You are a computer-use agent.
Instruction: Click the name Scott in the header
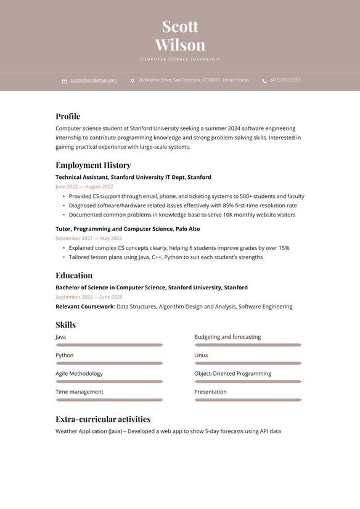coord(180,27)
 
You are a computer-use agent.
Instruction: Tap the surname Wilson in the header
coord(180,45)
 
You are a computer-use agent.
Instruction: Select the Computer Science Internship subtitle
coord(180,59)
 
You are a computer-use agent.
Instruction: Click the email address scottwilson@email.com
coord(93,80)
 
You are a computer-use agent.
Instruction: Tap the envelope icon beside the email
coord(64,81)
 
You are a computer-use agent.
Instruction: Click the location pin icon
coord(133,81)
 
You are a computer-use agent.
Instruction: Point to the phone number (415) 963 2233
coord(285,80)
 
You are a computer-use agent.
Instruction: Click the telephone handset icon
coord(264,81)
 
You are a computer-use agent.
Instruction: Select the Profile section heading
coord(68,117)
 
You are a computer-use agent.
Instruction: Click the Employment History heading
coord(93,165)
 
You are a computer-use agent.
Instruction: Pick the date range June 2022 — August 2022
coord(84,186)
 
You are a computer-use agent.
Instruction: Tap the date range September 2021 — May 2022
coord(89,238)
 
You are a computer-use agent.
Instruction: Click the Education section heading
coord(74,276)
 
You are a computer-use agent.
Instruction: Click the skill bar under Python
coord(109,363)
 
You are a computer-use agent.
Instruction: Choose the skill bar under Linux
coord(248,363)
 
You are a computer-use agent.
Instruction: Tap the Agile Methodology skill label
coord(79,374)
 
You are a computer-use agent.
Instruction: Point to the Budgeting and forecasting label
coord(227,337)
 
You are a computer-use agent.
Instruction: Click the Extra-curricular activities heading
coord(103,420)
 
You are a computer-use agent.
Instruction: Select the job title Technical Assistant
coord(81,177)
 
